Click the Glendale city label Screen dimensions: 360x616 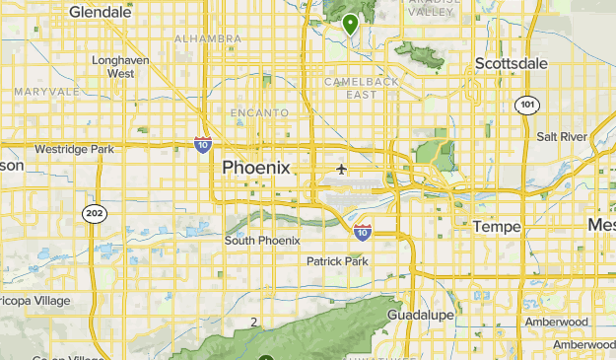(x=101, y=12)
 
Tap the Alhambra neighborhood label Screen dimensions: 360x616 (x=208, y=38)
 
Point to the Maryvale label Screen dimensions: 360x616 (x=46, y=92)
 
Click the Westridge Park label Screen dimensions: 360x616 (x=74, y=149)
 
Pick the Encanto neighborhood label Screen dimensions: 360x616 (x=259, y=113)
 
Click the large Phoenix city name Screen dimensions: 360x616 (x=256, y=168)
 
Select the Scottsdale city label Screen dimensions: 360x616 (x=511, y=63)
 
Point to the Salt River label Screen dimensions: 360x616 (x=562, y=136)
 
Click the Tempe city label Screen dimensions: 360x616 (x=496, y=227)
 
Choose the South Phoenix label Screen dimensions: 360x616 (x=262, y=241)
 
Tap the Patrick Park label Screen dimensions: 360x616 (x=337, y=261)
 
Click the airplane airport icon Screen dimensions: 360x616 (x=342, y=169)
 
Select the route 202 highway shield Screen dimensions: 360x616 (x=94, y=213)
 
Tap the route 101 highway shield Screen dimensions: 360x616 (x=527, y=105)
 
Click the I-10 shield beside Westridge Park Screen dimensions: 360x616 (x=202, y=145)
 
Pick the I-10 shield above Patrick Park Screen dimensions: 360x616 (x=363, y=232)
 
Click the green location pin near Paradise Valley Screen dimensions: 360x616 (x=350, y=24)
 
